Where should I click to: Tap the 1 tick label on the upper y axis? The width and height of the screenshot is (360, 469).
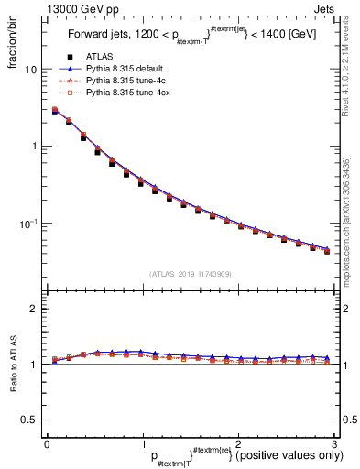click(33, 147)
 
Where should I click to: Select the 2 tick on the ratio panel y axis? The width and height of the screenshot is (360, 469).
click(33, 310)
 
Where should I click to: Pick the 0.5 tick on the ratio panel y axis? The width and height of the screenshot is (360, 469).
click(28, 420)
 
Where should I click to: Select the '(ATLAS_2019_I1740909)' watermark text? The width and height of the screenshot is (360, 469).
click(190, 274)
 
